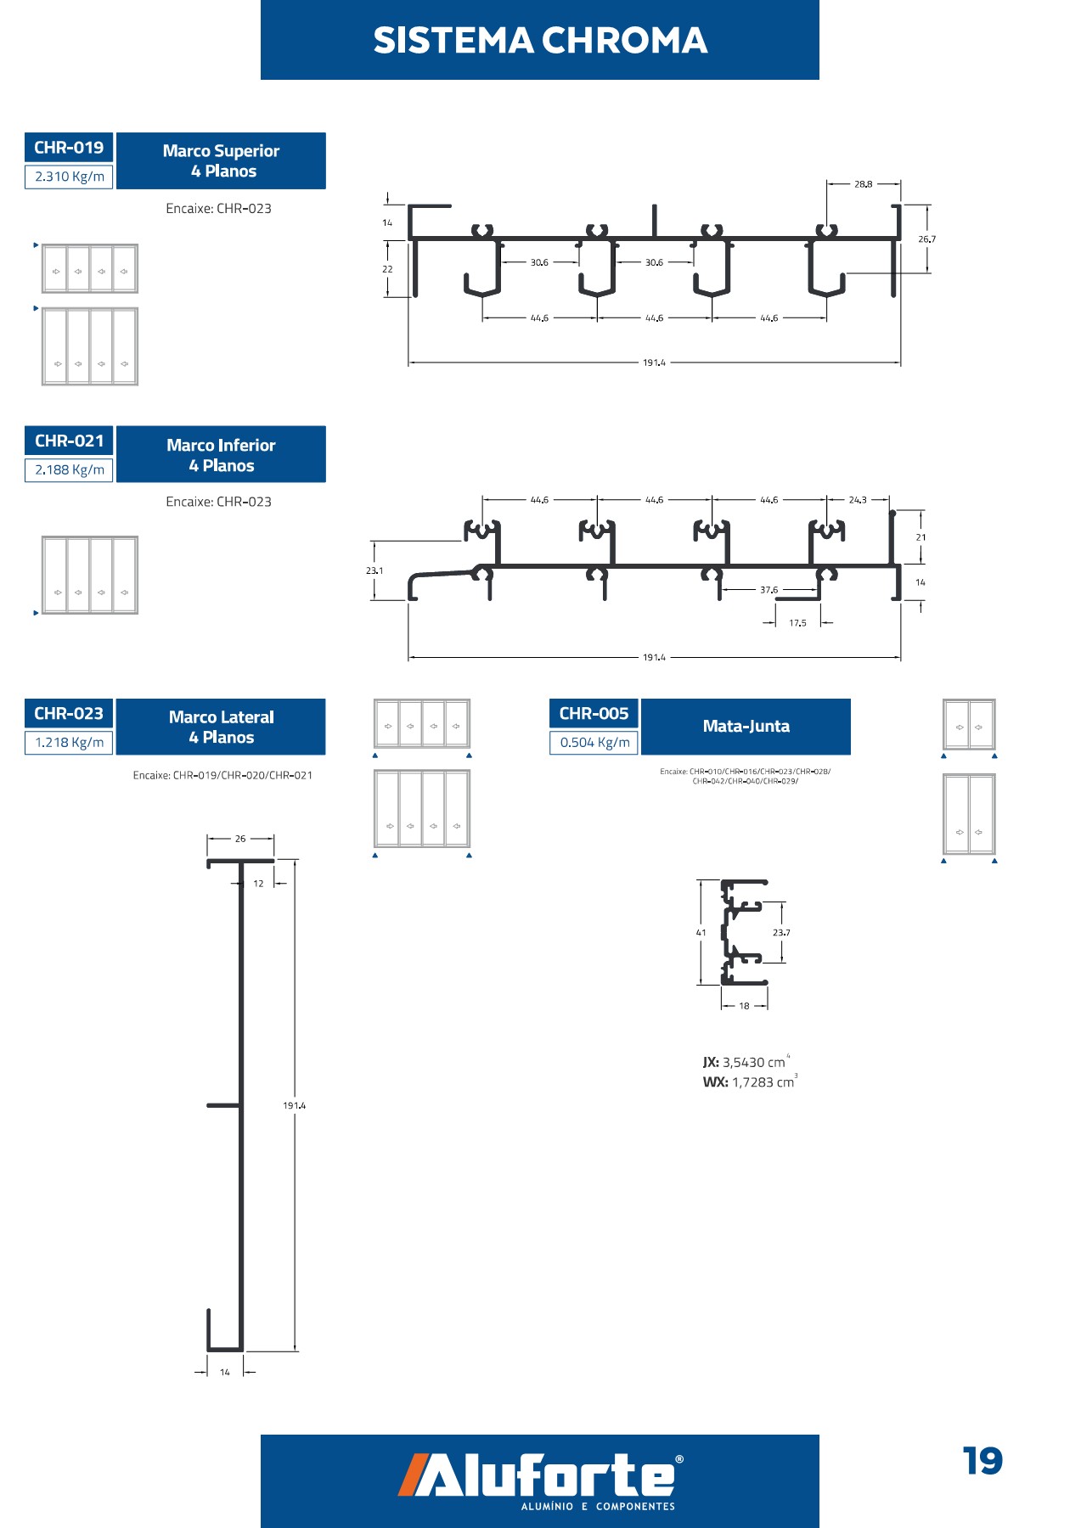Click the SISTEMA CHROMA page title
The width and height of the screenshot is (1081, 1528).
[540, 40]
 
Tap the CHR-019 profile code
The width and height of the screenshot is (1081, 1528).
[69, 148]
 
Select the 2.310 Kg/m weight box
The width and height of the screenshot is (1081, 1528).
[69, 177]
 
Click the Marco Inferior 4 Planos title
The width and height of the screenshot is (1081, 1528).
[221, 455]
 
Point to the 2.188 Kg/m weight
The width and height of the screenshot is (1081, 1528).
[69, 469]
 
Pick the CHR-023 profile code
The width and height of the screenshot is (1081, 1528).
[69, 714]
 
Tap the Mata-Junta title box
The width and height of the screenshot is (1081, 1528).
[746, 727]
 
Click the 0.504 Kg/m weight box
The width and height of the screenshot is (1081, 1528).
[594, 743]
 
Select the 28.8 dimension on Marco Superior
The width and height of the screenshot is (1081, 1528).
[863, 184]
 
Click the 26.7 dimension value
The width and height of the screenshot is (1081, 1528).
[926, 239]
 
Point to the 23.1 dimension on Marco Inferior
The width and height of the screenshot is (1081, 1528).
[374, 570]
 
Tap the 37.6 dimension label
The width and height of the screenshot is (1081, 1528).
[769, 590]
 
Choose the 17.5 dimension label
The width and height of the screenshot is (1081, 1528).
[797, 623]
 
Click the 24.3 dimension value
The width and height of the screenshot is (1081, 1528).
[858, 500]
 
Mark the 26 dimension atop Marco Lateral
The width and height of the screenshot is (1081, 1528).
[240, 839]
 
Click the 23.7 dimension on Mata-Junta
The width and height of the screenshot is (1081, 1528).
[781, 933]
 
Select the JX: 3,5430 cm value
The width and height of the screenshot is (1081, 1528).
[745, 1062]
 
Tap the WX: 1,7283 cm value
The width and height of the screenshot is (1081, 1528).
[749, 1082]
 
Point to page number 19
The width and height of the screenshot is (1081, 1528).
[982, 1462]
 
